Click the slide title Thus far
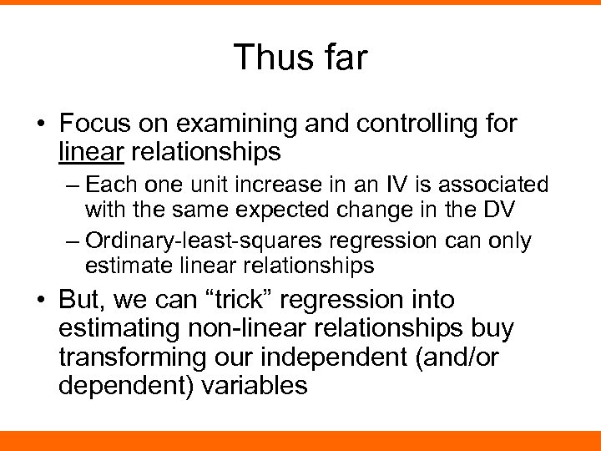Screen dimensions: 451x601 pyautogui.click(x=300, y=57)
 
